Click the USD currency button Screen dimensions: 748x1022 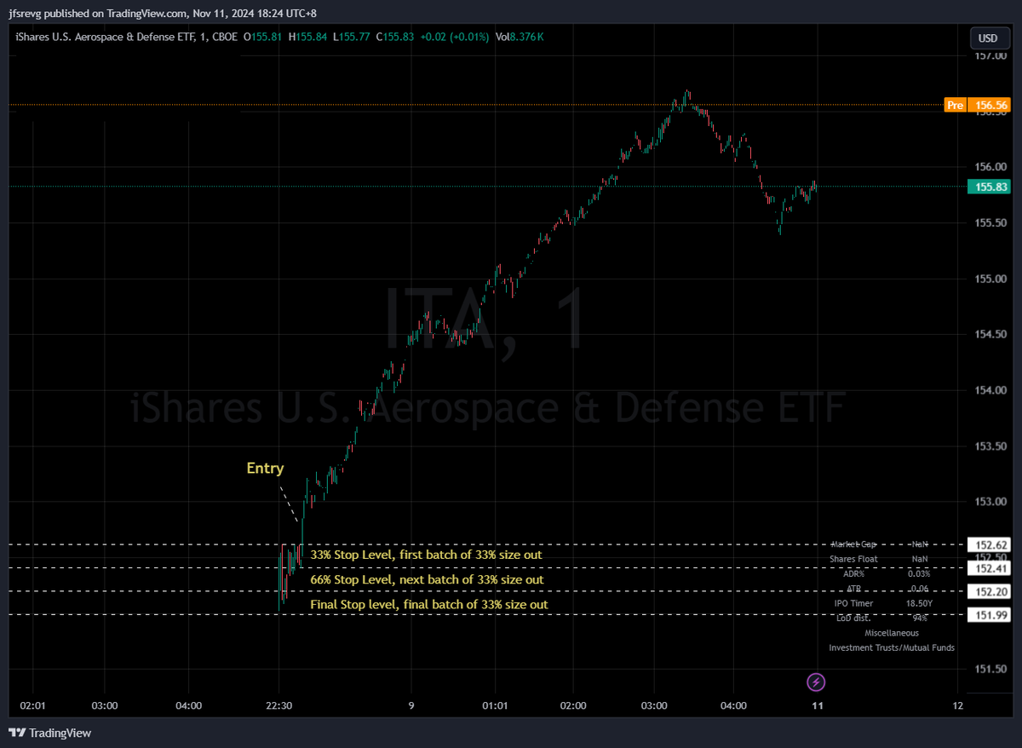click(988, 38)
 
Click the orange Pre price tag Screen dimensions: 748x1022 click(956, 105)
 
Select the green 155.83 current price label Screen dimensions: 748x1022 click(990, 187)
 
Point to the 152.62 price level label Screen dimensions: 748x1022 click(991, 544)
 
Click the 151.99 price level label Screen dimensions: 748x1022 click(991, 615)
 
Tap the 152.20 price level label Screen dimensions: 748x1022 click(991, 591)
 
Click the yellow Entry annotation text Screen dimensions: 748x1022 click(265, 468)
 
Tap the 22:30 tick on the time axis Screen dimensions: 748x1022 click(280, 705)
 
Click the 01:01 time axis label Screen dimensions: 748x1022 click(494, 705)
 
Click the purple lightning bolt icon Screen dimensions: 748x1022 click(816, 682)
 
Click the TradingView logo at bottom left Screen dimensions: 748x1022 click(50, 733)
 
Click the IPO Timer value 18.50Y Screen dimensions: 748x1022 click(918, 603)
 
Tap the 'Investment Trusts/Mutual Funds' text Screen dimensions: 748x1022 click(892, 647)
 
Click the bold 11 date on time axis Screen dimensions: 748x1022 click(818, 705)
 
